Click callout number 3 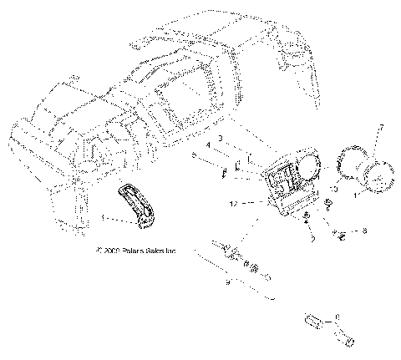(220, 137)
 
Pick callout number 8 (363, 228)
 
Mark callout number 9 (227, 283)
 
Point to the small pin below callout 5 (224, 175)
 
